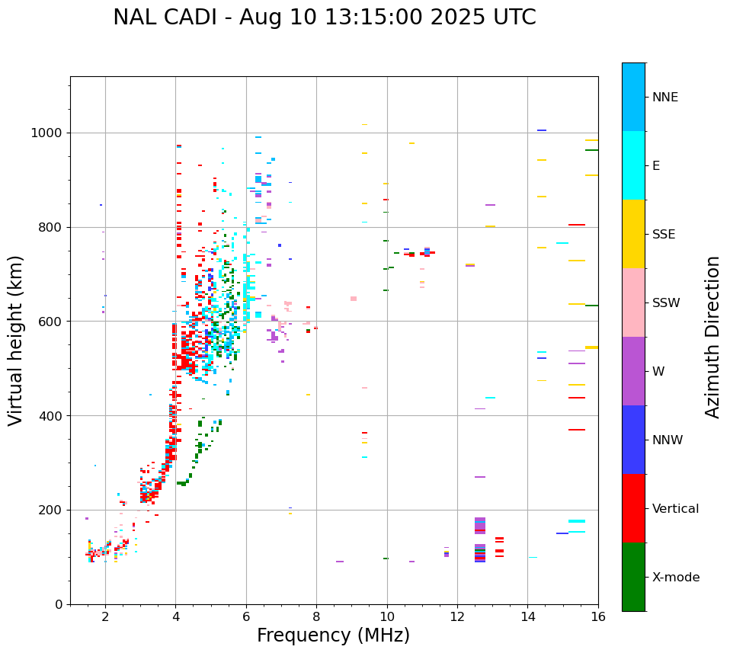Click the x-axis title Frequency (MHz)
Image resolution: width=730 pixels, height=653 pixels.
[x=333, y=635]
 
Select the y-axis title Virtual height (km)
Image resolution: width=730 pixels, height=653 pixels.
[x=16, y=340]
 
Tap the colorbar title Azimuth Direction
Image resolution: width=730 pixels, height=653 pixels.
[x=712, y=337]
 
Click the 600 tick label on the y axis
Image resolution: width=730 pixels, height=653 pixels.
[x=53, y=322]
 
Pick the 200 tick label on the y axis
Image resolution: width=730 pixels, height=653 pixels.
[x=53, y=510]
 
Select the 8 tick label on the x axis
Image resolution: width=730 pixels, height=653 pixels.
[x=316, y=616]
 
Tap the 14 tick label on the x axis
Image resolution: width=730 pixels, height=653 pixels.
[x=527, y=616]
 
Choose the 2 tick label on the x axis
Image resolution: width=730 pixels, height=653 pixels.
[x=105, y=616]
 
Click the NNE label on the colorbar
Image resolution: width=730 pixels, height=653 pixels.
[x=664, y=98]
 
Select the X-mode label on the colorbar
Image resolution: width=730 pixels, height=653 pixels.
[x=675, y=578]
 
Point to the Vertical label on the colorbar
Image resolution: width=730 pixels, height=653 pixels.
[x=675, y=509]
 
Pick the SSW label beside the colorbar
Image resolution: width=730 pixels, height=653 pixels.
[x=666, y=303]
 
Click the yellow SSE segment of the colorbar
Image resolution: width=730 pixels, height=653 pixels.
[x=633, y=234]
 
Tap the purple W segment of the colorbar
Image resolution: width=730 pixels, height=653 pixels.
[x=633, y=371]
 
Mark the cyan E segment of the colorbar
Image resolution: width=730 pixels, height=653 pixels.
[x=633, y=165]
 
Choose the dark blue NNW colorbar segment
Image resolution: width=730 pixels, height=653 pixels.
[x=633, y=440]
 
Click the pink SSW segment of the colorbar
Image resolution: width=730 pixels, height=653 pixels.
[x=633, y=302]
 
